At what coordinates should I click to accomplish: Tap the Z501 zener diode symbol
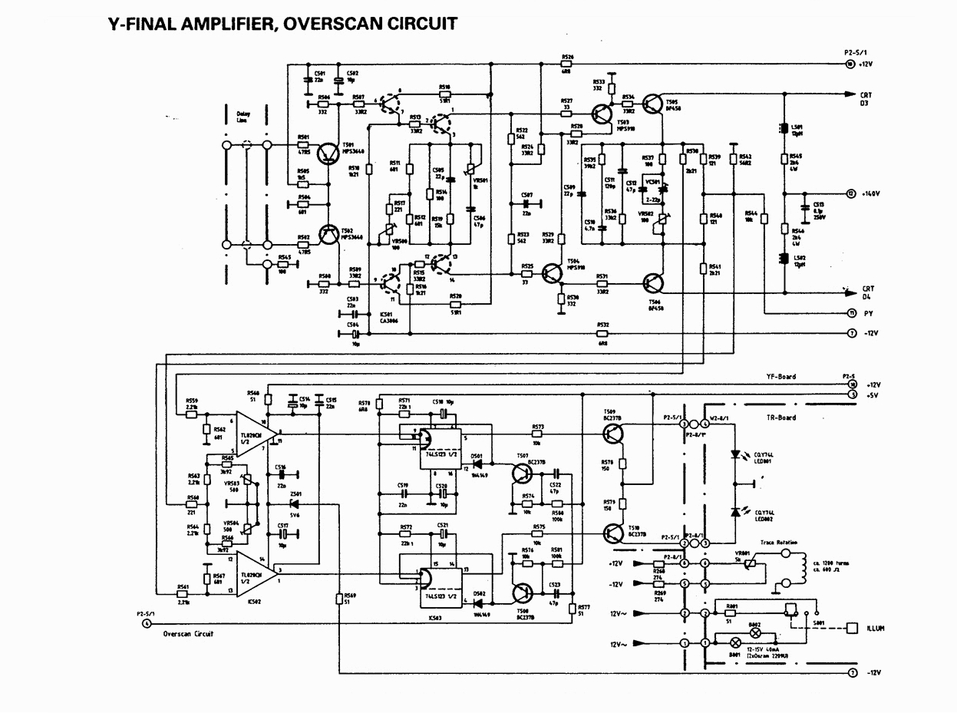[x=294, y=503]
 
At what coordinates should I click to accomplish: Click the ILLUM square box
[x=852, y=628]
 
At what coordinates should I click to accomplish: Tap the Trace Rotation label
[x=778, y=543]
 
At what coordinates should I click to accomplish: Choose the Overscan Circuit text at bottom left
[x=188, y=634]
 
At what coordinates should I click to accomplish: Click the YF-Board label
[x=781, y=377]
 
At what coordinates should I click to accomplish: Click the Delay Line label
[x=244, y=118]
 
